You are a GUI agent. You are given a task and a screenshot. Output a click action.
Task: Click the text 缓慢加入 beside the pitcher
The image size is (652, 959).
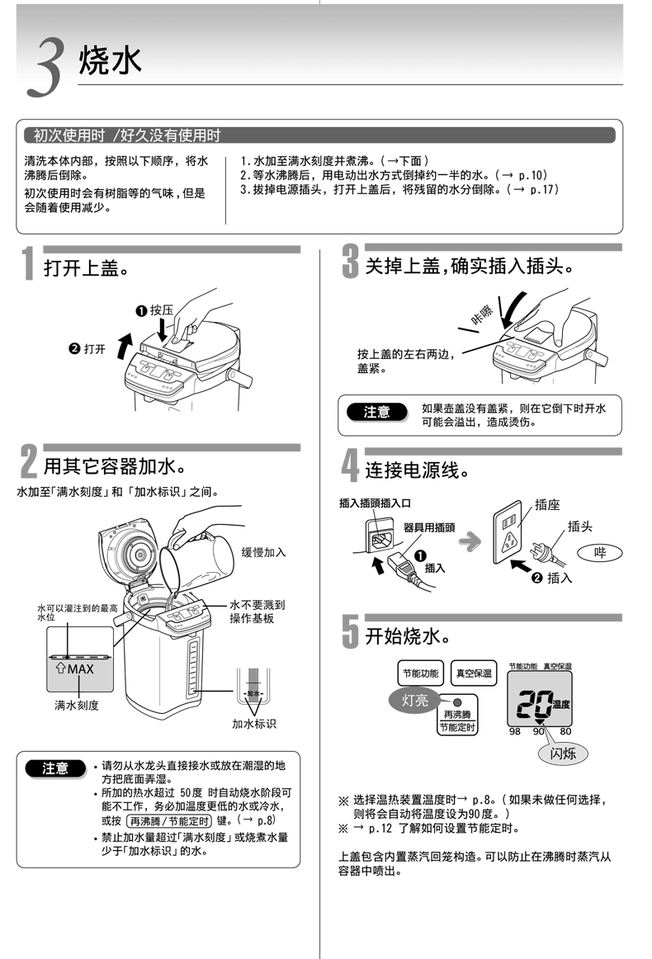(x=263, y=552)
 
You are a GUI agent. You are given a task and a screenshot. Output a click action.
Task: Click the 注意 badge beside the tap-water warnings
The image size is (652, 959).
(x=55, y=768)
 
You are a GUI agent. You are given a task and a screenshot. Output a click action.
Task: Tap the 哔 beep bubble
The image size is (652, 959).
(x=599, y=552)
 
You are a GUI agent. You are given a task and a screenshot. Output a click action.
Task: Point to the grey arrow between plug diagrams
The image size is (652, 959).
(x=470, y=541)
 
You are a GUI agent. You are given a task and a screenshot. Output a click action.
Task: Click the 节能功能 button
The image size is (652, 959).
(x=420, y=673)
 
